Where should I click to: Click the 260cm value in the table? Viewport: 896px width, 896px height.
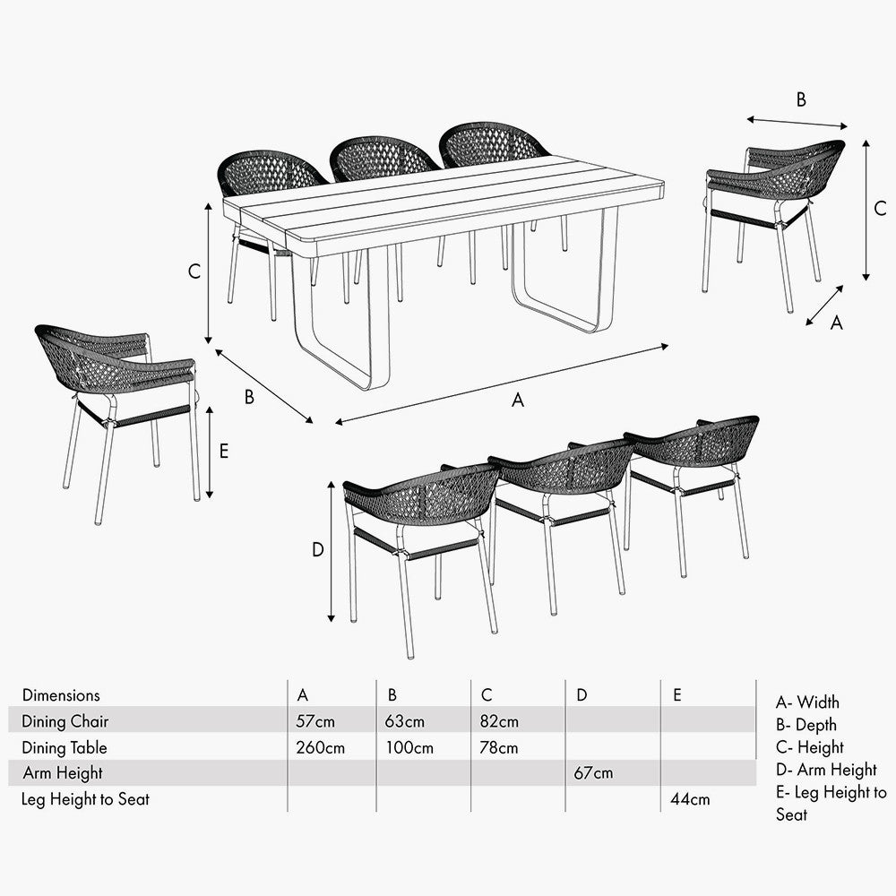tap(320, 747)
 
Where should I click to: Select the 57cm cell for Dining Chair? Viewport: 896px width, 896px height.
tap(315, 721)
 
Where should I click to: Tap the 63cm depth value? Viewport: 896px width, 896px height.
tap(406, 721)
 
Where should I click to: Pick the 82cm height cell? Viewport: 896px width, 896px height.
tap(499, 721)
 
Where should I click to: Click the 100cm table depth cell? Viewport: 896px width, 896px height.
tap(410, 747)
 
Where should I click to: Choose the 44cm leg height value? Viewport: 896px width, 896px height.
tap(690, 798)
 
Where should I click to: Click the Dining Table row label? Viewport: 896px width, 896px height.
tap(65, 747)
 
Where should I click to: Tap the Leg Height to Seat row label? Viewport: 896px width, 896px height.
tap(85, 798)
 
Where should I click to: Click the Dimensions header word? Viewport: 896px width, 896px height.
tap(61, 694)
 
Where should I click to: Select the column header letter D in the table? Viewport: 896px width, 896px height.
tap(582, 694)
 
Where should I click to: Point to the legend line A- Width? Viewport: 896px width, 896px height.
tap(807, 702)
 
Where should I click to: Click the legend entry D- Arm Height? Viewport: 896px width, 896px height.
tap(826, 770)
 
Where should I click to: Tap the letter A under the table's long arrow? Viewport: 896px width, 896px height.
tap(517, 401)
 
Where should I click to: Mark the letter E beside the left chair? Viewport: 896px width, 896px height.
tap(223, 451)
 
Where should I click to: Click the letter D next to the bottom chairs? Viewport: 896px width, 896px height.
tap(317, 550)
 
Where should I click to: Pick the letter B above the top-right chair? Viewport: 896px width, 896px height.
tap(801, 99)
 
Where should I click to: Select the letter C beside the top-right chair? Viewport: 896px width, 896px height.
tap(880, 208)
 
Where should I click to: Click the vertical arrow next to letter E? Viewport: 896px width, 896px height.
tap(210, 451)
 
